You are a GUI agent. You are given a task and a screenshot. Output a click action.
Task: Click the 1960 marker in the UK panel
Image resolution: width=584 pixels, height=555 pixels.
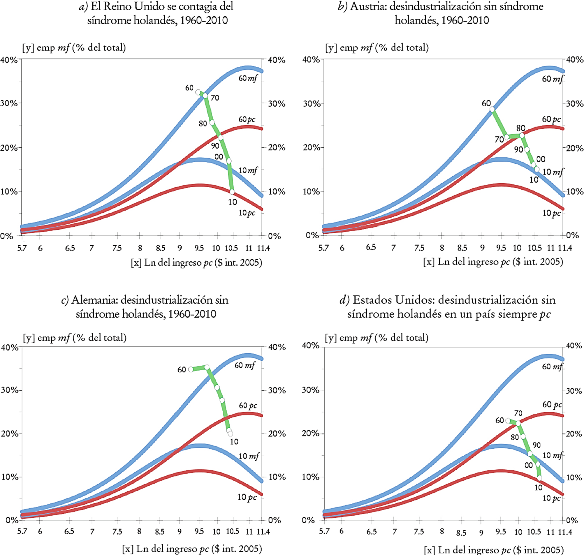point(198,92)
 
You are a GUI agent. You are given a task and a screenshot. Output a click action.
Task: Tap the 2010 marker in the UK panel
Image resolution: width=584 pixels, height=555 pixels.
point(232,192)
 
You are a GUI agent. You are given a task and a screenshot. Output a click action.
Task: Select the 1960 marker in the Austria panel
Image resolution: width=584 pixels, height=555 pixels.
point(492,109)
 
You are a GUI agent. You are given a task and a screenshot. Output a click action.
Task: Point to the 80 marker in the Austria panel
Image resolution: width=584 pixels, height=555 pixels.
point(522,135)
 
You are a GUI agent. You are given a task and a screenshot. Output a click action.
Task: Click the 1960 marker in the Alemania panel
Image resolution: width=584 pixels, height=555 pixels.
point(191,369)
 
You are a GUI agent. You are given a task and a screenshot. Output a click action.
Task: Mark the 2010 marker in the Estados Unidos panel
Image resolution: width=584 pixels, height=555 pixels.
point(540,478)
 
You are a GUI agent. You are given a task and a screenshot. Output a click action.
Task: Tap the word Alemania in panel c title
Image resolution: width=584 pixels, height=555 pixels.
point(94,300)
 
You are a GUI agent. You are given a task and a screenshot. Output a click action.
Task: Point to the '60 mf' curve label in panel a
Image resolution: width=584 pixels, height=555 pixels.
point(248,78)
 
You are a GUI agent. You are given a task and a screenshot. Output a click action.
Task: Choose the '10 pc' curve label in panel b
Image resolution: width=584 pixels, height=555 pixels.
point(551,213)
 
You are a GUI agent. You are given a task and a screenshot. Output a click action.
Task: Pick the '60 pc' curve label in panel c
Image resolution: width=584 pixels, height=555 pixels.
point(248,405)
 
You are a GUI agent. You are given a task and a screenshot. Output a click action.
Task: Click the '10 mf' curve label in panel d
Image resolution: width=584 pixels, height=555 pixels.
point(553,455)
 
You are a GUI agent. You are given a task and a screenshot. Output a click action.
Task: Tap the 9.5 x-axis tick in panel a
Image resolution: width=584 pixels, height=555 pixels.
point(199,248)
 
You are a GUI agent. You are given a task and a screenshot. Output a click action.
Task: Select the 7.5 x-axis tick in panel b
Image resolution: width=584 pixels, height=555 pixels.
point(419,248)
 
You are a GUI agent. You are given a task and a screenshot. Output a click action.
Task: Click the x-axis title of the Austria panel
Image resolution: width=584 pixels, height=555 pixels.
point(493,262)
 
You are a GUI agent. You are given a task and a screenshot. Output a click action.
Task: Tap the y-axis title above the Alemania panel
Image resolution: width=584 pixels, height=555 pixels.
point(75,338)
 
